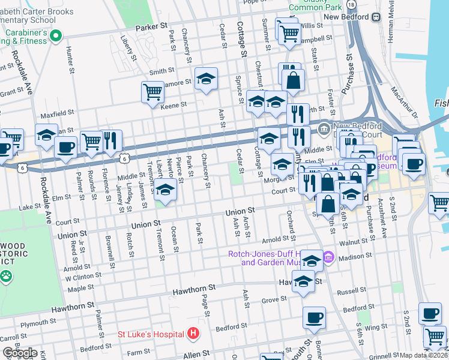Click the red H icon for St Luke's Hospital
[193, 332]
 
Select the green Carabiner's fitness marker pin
[56, 37]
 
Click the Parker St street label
[151, 27]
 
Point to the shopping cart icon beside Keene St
[152, 92]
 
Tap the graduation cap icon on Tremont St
[166, 189]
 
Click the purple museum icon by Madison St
[328, 259]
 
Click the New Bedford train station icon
[376, 17]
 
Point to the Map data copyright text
[424, 355]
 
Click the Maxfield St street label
[56, 113]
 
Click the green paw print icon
[6, 277]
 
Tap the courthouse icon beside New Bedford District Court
[324, 127]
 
